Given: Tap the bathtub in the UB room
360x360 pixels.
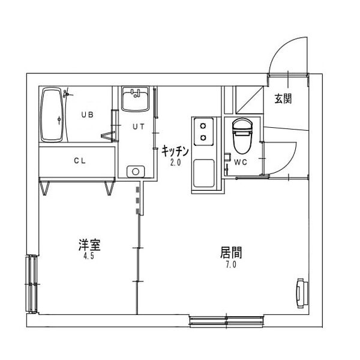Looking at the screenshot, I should [x=52, y=115].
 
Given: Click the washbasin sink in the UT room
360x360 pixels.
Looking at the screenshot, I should [x=135, y=99].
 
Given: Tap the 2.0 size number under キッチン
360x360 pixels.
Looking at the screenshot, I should [x=175, y=162].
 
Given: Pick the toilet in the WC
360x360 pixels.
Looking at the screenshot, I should [x=241, y=136].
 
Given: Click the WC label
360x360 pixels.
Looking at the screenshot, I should [x=241, y=163].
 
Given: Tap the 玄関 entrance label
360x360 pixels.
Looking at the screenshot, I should [x=283, y=99].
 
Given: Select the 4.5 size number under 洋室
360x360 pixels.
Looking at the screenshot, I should [x=89, y=256].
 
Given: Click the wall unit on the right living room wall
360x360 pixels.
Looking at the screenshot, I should [x=300, y=292].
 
